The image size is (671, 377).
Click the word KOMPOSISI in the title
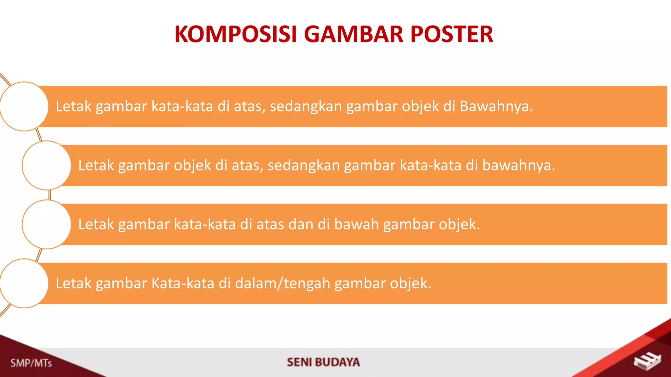point(236,34)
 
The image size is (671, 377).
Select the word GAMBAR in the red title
point(354,34)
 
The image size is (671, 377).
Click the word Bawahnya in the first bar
point(496,106)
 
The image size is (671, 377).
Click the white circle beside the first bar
point(24,106)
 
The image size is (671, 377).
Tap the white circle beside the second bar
point(47,165)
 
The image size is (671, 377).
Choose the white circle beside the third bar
point(47,224)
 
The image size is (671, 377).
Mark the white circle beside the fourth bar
point(24,283)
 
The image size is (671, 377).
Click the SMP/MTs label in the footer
point(31,363)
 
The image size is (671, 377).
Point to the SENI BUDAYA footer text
point(323,362)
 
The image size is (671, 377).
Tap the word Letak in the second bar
point(96,166)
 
